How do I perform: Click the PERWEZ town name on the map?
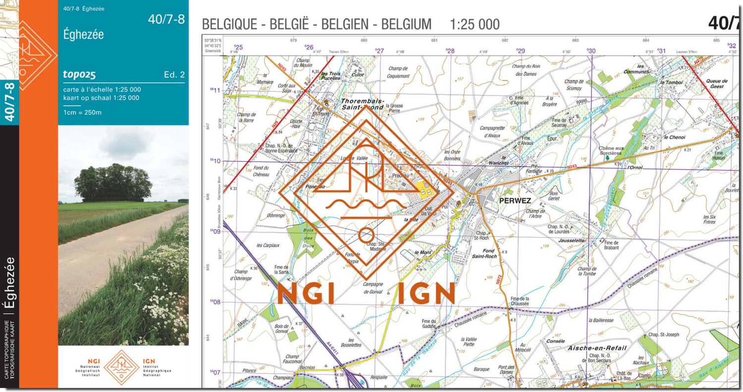(x=507, y=201)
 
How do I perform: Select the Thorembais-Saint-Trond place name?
(x=362, y=103)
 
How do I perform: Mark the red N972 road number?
(x=499, y=279)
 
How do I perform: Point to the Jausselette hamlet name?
(x=571, y=240)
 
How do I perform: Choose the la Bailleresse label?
(x=601, y=320)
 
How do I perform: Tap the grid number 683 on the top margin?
(x=575, y=41)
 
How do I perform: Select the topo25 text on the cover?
(x=79, y=75)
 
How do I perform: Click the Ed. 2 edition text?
(x=174, y=75)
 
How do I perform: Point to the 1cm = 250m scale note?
(x=82, y=112)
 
